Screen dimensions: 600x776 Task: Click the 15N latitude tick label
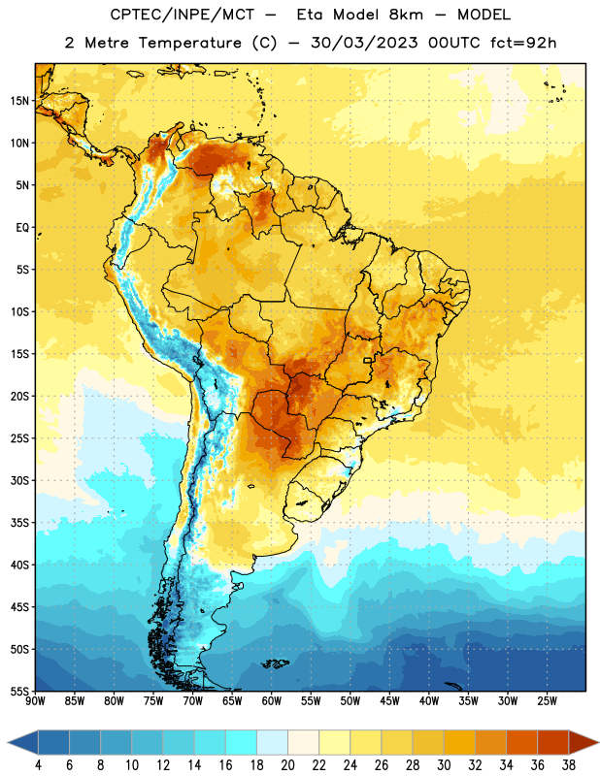point(19,101)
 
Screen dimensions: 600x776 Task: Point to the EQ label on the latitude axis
point(22,228)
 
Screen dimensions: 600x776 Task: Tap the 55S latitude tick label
point(19,691)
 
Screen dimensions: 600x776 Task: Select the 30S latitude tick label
point(19,480)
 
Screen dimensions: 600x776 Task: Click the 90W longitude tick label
point(35,701)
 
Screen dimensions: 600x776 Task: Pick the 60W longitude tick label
point(272,701)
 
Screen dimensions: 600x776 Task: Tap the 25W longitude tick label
point(548,701)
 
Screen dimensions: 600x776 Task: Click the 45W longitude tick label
point(390,701)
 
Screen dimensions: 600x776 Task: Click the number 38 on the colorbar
point(569,765)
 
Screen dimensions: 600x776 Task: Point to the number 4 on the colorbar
point(38,765)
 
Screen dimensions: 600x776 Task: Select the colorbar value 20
point(287,765)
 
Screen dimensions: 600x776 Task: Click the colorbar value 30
point(444,765)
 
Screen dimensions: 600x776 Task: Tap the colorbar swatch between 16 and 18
point(241,743)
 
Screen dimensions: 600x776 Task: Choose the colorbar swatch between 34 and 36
point(521,743)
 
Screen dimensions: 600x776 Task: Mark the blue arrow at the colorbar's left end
point(22,743)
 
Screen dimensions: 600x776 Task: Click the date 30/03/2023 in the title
point(364,43)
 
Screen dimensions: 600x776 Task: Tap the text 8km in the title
point(406,15)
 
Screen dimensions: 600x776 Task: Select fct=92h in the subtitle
point(523,43)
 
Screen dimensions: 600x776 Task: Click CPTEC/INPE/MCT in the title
point(182,15)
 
